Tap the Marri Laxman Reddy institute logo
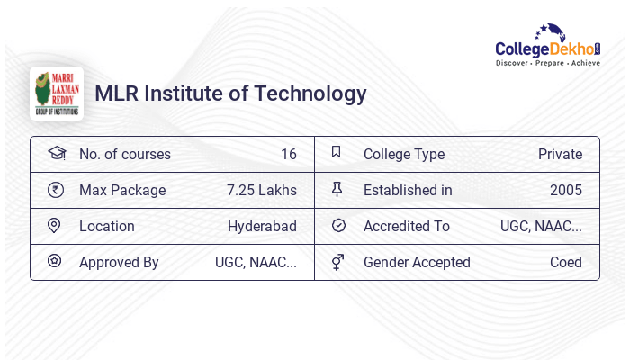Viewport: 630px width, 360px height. point(56,94)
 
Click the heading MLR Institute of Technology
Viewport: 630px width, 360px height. point(230,94)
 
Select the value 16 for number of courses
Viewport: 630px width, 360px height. point(288,154)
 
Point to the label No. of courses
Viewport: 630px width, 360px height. point(125,154)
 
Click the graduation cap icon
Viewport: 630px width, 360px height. point(56,153)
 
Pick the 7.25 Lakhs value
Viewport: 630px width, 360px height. point(262,190)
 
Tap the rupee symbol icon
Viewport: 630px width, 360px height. point(56,189)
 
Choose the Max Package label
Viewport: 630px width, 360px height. point(122,190)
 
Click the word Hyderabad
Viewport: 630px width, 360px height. point(262,226)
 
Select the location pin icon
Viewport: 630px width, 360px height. point(55,225)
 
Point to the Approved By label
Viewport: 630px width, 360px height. point(119,262)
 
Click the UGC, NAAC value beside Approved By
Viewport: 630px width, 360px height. point(256,262)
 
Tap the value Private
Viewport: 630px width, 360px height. point(560,154)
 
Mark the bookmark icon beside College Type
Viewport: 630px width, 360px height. point(337,152)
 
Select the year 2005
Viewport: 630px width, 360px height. point(566,190)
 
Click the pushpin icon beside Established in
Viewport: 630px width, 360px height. point(337,189)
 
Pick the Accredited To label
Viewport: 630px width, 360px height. point(407,226)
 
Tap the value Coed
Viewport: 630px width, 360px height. point(566,262)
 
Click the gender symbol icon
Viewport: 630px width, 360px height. point(337,262)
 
